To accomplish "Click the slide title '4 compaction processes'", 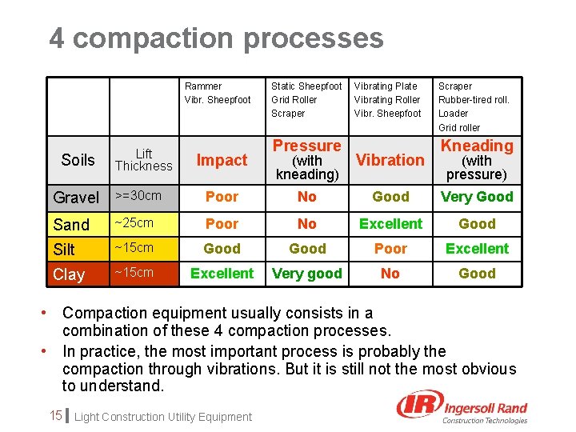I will click(216, 38).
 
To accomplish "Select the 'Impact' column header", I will click(222, 160).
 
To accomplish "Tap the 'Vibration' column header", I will click(390, 160).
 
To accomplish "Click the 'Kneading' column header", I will click(477, 146).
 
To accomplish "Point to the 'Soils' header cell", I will click(78, 160).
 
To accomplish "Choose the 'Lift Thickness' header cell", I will click(143, 160).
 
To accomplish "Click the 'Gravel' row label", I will click(76, 198).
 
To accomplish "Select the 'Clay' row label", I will click(69, 274).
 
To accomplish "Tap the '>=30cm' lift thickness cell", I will click(138, 196).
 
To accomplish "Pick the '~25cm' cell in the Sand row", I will click(133, 222).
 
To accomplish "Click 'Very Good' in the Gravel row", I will click(477, 197).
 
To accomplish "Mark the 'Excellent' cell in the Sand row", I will click(390, 224).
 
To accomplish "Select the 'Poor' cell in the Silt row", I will click(390, 249).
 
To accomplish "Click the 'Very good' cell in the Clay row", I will click(307, 274).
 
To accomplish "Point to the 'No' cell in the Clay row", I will click(390, 274).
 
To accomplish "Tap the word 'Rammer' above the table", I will click(203, 86).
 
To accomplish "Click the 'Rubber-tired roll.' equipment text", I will click(474, 100).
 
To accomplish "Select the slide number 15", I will click(55, 415).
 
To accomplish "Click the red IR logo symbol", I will click(417, 406).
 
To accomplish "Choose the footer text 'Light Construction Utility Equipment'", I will click(162, 417).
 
